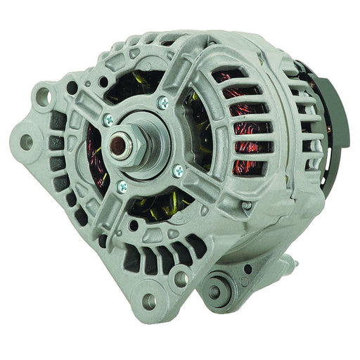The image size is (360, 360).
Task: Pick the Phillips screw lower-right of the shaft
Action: pos(177,169)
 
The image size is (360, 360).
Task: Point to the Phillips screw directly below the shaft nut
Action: pos(122,186)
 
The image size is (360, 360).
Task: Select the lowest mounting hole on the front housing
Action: pos(148,301)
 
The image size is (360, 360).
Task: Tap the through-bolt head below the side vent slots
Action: pos(246,206)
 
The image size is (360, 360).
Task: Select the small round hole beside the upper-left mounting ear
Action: pos(72,88)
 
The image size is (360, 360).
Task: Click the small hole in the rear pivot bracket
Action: pos(247,269)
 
